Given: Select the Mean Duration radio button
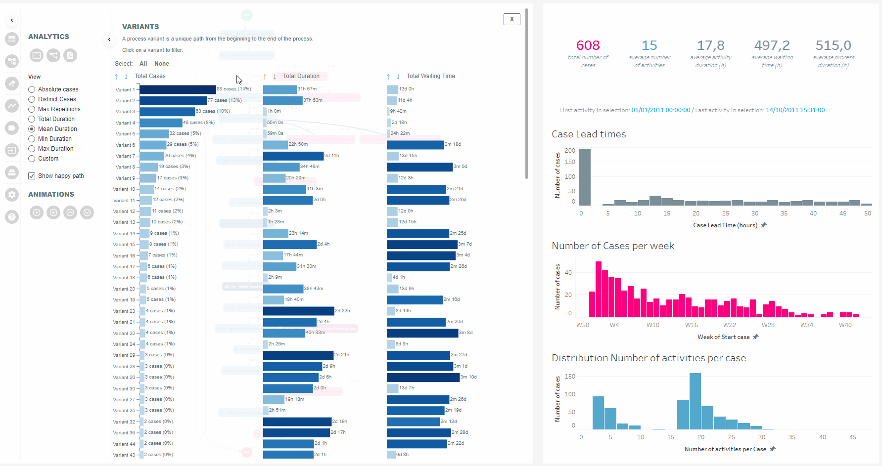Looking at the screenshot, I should [x=32, y=129].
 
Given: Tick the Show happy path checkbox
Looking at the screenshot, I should [x=32, y=176].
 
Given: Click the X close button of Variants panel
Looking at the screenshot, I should [x=511, y=19].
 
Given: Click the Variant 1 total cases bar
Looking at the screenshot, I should [x=178, y=89].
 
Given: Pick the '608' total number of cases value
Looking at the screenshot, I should [x=588, y=45].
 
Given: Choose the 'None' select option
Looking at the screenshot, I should [x=162, y=64].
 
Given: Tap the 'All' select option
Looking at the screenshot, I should [x=143, y=64].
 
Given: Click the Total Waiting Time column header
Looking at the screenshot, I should [x=430, y=76].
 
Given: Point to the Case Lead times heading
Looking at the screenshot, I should [x=589, y=134].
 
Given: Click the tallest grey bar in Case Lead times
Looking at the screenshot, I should [x=585, y=177].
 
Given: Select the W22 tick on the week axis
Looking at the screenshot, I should [x=729, y=325].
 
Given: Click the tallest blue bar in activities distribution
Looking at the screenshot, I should [x=695, y=401].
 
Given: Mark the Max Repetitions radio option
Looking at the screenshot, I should [x=32, y=109].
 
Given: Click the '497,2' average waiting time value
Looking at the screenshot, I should [x=772, y=45].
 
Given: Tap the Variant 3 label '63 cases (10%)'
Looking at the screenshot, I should [x=213, y=111].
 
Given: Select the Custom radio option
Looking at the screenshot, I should [x=32, y=159].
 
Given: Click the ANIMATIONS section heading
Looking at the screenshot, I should [x=51, y=194].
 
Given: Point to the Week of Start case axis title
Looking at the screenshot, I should [x=723, y=337].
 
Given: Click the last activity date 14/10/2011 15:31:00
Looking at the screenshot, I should [x=795, y=110].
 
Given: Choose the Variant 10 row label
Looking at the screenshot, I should [x=124, y=189].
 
